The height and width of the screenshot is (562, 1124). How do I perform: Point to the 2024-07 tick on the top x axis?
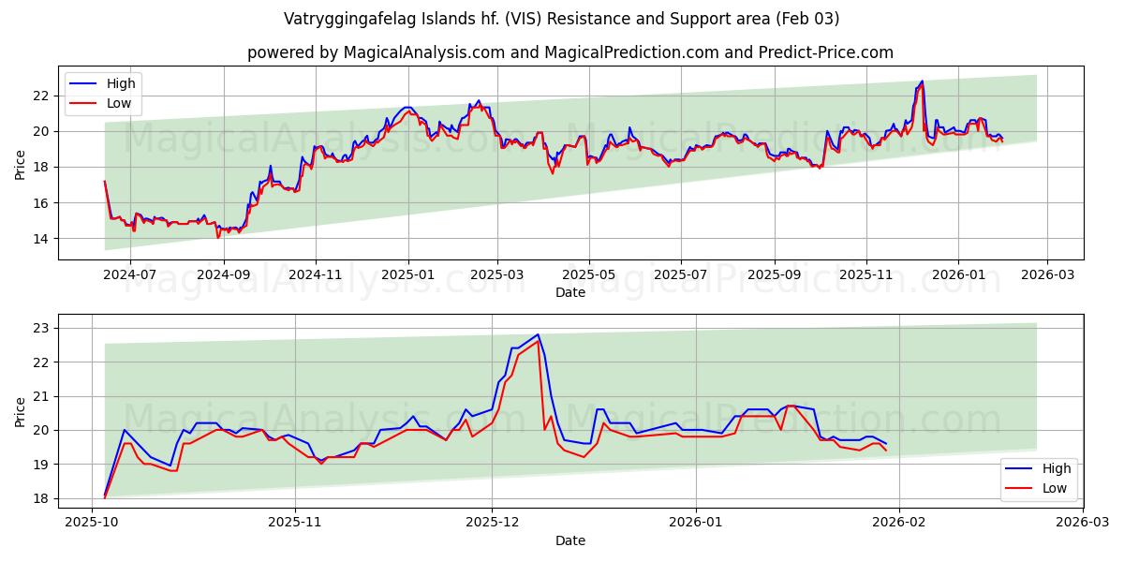(129, 275)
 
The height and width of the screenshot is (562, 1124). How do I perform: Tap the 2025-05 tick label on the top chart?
(589, 275)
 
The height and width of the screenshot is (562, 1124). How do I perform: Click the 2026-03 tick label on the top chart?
(1046, 275)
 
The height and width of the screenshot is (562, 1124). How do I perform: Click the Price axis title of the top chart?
(21, 165)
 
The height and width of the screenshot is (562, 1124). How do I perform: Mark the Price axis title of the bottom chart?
(21, 412)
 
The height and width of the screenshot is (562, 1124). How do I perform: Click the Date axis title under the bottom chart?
(569, 540)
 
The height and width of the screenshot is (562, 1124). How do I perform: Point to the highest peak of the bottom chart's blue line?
(538, 334)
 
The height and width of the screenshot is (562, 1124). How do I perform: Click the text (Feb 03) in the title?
(808, 19)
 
